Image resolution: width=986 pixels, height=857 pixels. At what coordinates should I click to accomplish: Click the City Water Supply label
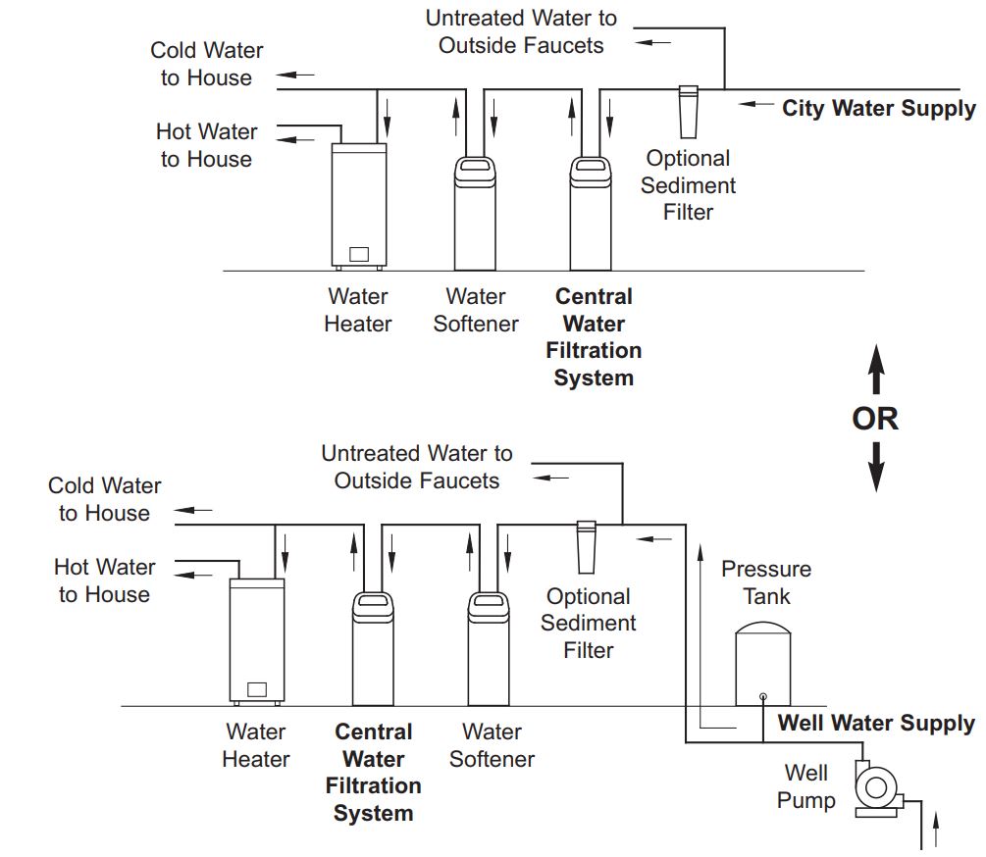coord(878,108)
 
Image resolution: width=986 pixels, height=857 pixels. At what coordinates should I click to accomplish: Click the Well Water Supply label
coord(876,724)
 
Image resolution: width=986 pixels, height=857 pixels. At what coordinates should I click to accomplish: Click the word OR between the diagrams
coord(875,419)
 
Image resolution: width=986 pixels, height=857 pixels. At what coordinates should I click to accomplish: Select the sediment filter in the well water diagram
coord(587,545)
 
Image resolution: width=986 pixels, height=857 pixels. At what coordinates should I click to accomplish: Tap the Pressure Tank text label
coord(766,582)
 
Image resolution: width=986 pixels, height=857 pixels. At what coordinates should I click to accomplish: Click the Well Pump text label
coord(806,786)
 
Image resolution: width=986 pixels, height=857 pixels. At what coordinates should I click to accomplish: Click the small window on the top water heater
coord(359,254)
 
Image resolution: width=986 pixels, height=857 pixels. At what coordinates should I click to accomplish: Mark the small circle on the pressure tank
coord(763,698)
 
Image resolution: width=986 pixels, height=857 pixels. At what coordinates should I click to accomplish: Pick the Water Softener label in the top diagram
coord(476,310)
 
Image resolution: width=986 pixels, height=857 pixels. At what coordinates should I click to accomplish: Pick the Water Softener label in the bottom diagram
coord(492,745)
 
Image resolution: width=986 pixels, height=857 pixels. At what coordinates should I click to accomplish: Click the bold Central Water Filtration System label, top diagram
coord(594,336)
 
